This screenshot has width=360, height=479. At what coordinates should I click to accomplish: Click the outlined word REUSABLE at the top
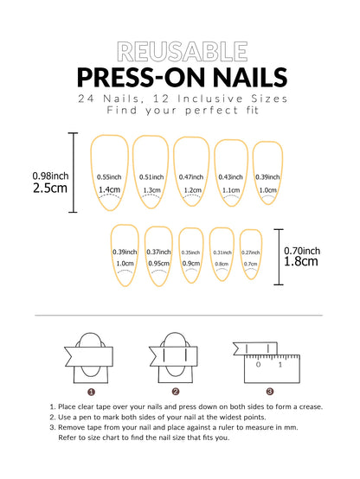click(179, 50)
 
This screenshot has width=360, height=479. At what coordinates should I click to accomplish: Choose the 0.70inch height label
click(305, 252)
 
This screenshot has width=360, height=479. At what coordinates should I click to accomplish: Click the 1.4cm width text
click(109, 190)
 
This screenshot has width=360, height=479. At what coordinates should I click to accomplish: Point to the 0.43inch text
click(231, 176)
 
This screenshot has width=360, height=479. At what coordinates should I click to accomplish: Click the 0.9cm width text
click(191, 264)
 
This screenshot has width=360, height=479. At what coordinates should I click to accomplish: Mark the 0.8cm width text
click(222, 265)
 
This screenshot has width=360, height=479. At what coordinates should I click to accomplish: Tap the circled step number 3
click(269, 391)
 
